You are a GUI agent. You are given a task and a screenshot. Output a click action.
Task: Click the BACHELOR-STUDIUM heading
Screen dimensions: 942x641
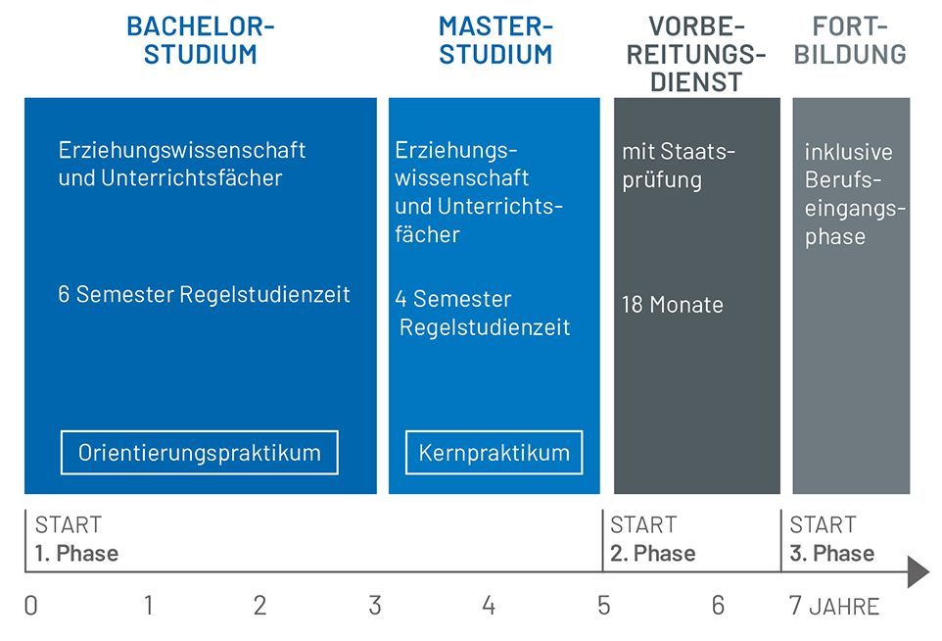(200, 40)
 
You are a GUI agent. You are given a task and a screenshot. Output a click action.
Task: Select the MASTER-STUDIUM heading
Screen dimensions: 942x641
(495, 40)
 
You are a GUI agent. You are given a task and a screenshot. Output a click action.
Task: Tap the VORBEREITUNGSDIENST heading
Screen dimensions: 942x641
(696, 54)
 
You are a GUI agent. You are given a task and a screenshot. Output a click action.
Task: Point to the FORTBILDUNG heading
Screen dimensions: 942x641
(850, 40)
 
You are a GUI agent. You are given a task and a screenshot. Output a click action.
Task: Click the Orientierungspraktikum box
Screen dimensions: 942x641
(200, 453)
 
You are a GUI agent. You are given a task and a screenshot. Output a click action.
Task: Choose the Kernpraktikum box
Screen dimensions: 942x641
(494, 453)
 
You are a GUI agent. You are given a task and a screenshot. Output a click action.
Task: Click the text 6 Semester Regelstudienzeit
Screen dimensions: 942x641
(204, 295)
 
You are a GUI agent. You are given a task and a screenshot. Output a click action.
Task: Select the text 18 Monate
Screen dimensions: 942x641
(673, 305)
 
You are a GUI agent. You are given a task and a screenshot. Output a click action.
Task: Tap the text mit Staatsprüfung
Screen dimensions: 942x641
(679, 166)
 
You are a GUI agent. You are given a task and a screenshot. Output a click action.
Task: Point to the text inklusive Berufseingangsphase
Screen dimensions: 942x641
(855, 194)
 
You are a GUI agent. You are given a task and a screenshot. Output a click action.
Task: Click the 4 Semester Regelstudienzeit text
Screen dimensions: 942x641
(483, 313)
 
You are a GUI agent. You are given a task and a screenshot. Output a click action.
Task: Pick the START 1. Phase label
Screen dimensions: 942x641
(76, 539)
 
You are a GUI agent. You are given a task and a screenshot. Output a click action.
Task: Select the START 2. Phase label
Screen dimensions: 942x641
(652, 539)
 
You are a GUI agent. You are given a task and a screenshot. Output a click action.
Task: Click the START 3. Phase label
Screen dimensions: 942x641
(831, 539)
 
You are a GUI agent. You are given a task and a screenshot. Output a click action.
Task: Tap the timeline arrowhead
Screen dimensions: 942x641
(918, 571)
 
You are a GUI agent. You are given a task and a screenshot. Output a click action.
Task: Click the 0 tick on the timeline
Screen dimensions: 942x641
(30, 606)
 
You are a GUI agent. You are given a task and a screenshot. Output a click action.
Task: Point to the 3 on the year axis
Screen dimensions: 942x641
(375, 606)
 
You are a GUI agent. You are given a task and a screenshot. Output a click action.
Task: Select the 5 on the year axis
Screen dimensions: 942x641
(604, 606)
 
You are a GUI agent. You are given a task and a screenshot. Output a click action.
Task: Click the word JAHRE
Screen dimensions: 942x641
(844, 607)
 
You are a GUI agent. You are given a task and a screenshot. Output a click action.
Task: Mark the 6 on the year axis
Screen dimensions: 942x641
(718, 606)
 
